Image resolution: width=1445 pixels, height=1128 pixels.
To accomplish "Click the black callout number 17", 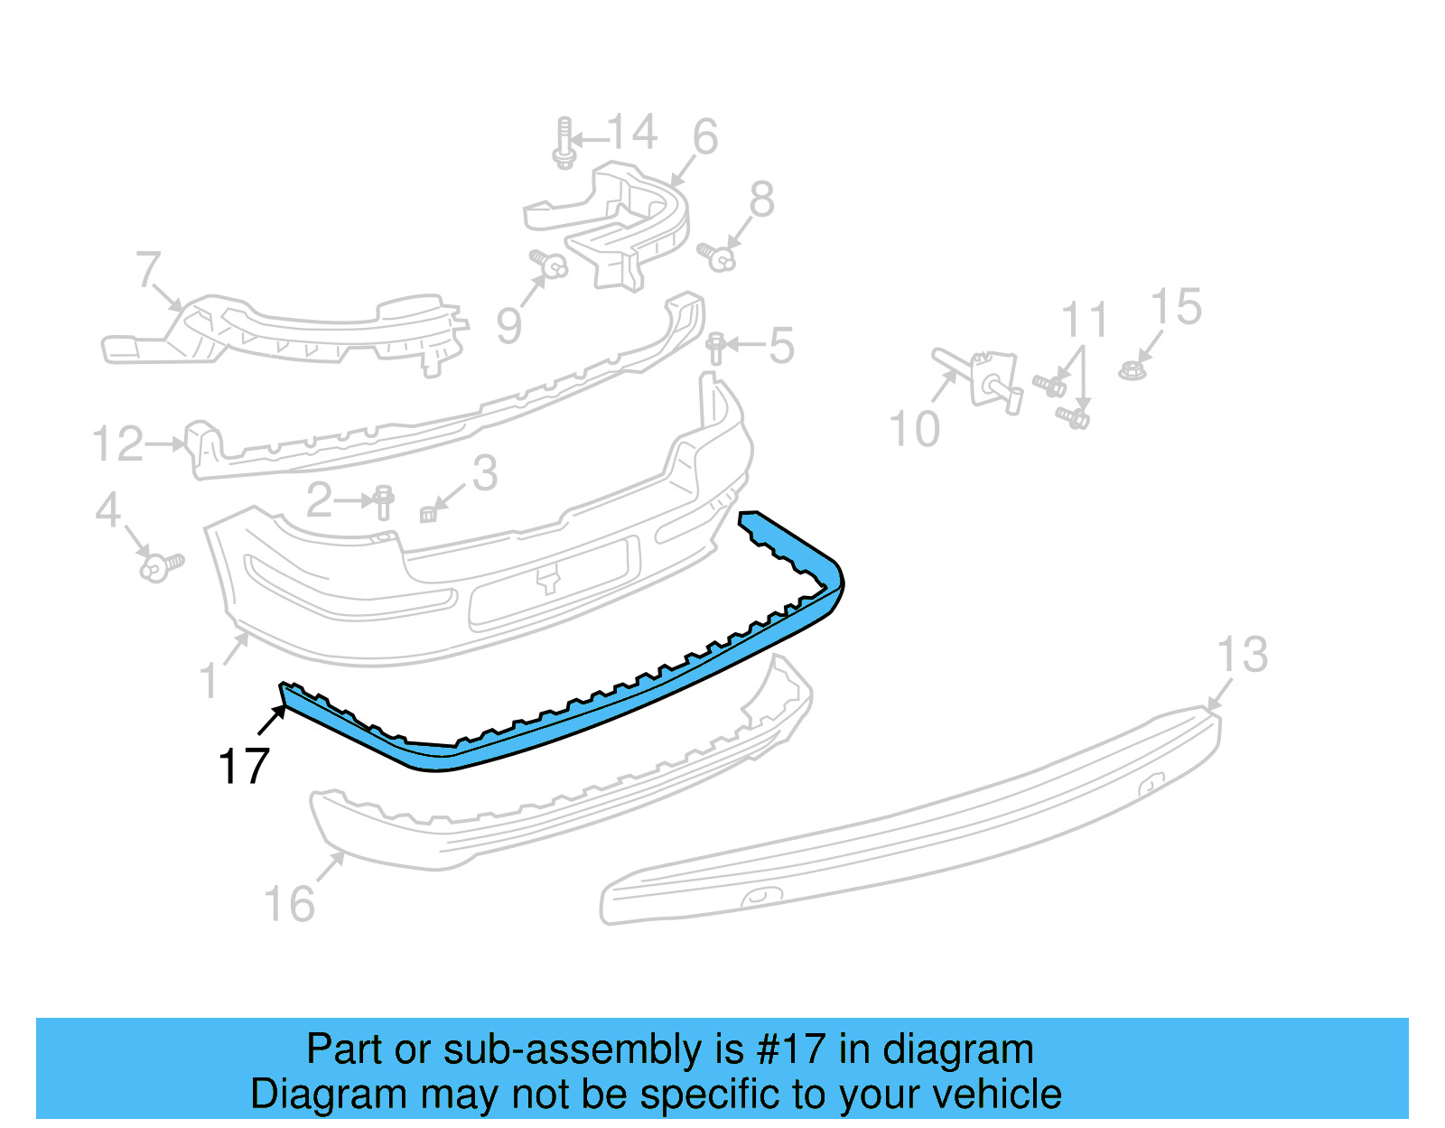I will point(244,767).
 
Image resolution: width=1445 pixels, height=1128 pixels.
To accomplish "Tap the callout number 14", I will point(632,133).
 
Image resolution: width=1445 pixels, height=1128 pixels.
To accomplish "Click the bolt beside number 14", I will point(564,143).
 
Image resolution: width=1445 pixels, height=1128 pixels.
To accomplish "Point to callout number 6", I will point(705,137).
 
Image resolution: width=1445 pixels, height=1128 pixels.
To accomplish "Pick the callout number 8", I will point(761,200).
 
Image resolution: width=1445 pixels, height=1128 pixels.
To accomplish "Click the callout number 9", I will point(509,325).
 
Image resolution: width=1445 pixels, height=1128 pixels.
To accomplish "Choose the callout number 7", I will point(148,269).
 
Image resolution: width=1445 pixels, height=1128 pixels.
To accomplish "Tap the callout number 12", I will point(118,444).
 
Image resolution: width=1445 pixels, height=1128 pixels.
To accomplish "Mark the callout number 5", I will point(781,346).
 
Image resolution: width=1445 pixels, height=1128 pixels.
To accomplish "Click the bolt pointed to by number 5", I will point(716,348).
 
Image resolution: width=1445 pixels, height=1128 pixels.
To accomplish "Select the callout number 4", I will point(108,510).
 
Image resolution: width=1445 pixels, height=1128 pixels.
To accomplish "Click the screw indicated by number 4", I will point(162,567).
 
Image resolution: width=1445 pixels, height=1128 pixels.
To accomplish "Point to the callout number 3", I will point(485,473).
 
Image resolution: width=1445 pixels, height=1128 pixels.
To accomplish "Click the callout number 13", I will point(1243,655).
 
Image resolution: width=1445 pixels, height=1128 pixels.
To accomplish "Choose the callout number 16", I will point(289,904).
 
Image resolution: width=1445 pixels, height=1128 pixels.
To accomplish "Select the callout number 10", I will point(914,429).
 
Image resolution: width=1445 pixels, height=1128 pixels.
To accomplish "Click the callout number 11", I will point(1085,321).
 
